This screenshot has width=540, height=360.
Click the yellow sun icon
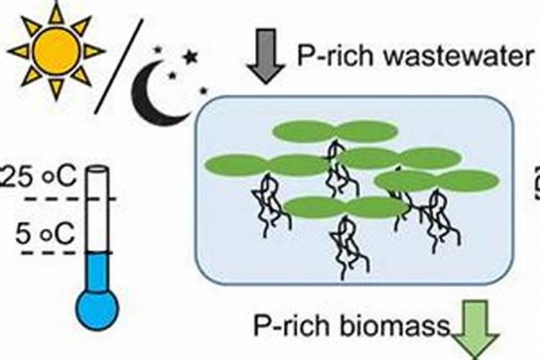click(56, 50)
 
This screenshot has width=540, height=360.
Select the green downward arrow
click(475, 332)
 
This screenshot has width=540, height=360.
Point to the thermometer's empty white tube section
click(97, 209)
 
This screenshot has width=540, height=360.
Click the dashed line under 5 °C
click(69, 253)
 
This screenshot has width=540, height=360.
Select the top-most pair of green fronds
click(335, 131)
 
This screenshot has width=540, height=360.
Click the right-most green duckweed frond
click(468, 181)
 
